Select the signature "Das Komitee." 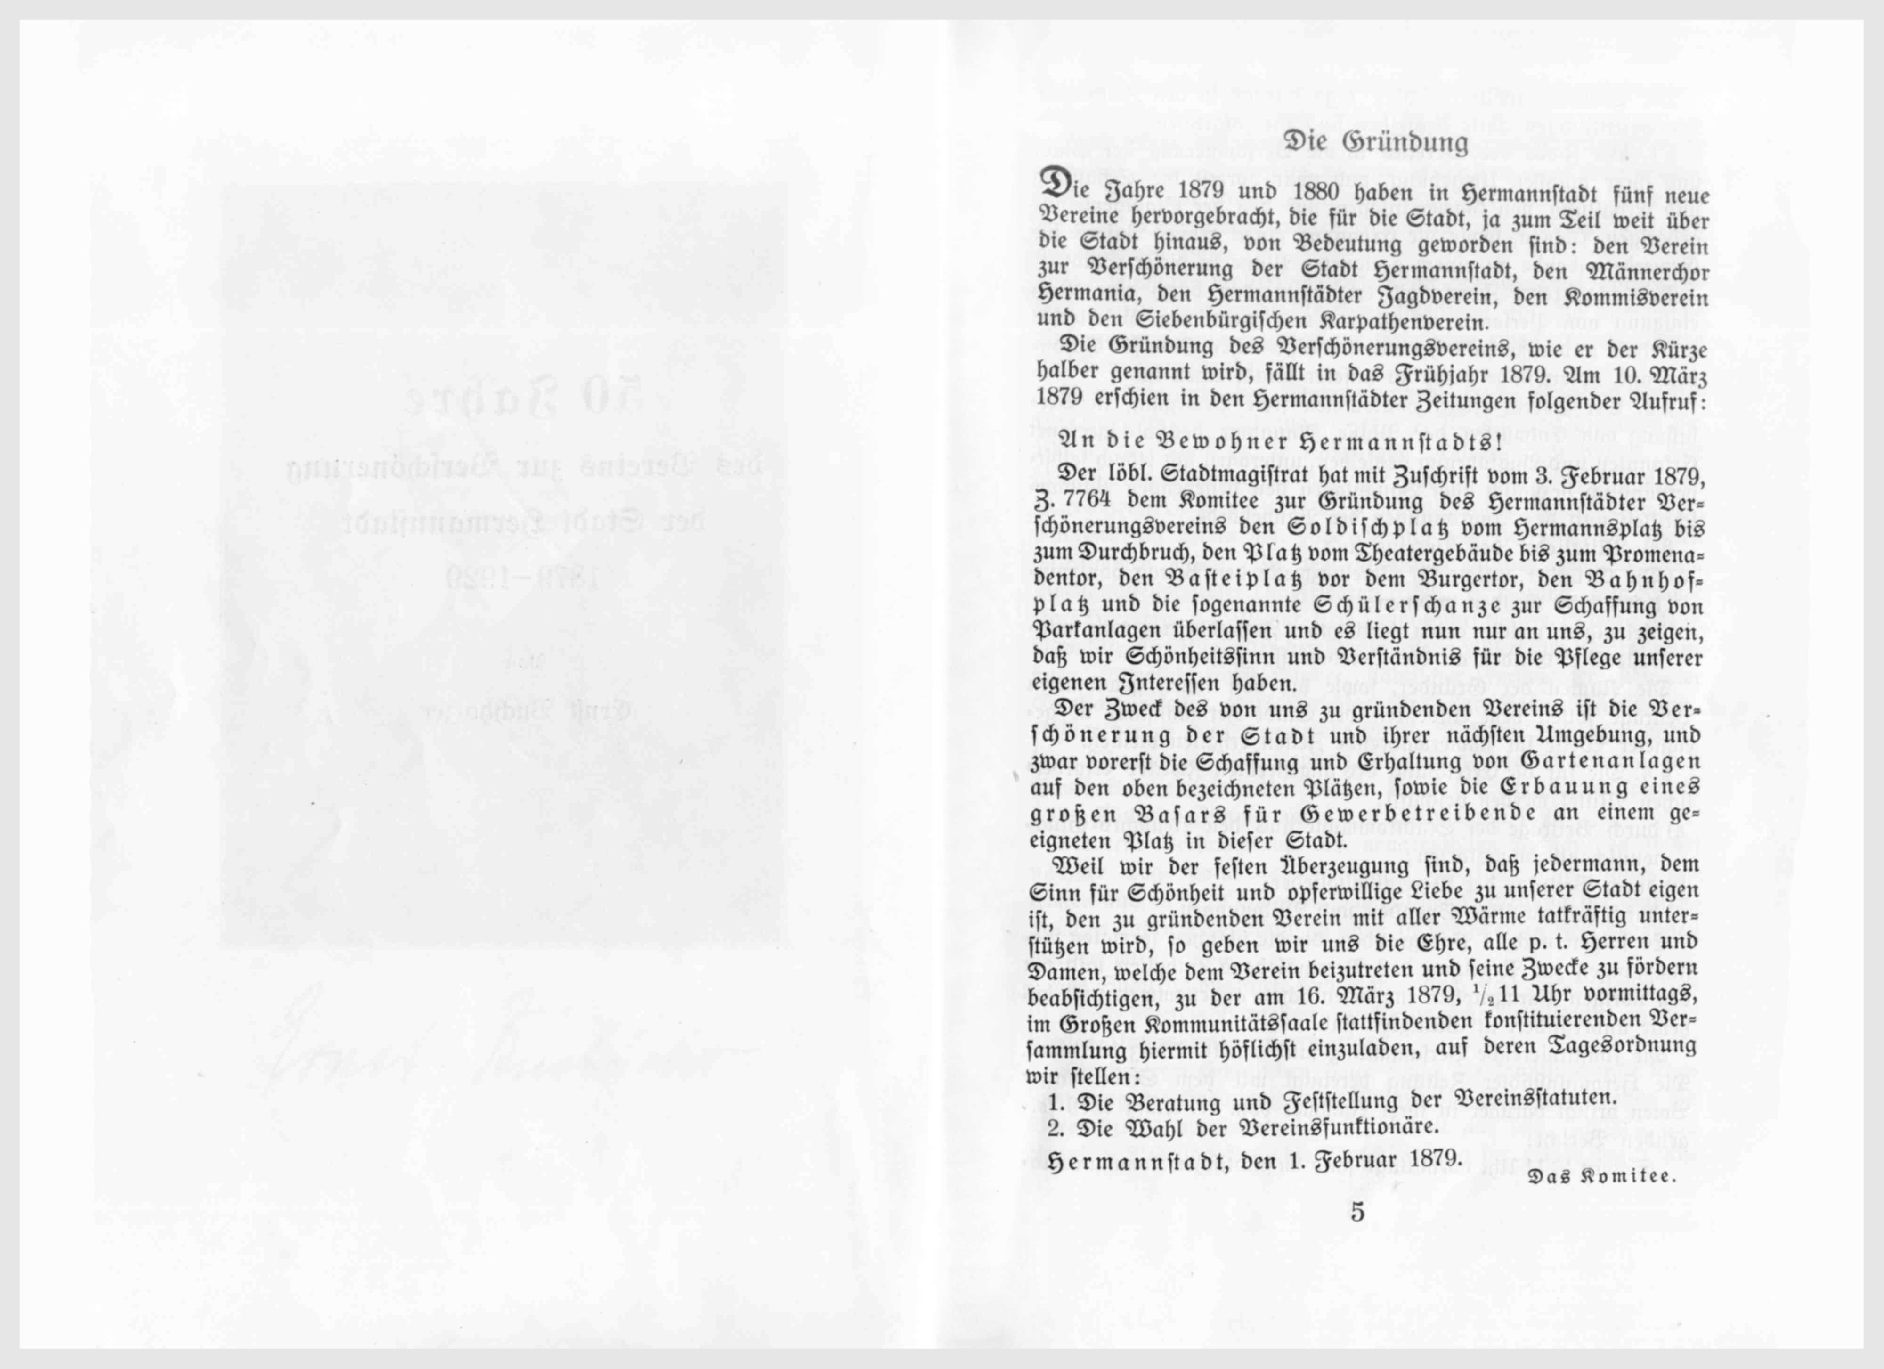coord(1601,1177)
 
